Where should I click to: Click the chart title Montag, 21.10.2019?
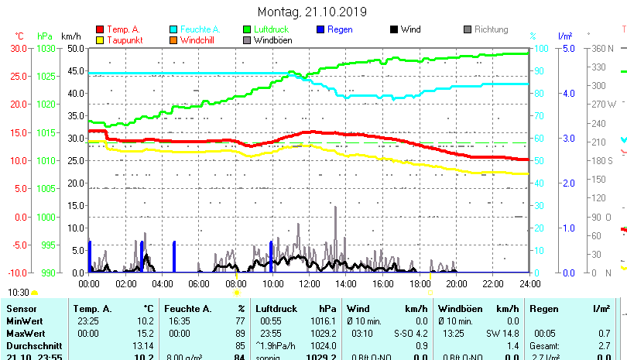(312, 12)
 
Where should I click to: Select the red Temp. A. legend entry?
(122, 29)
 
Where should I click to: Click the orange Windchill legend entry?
(197, 39)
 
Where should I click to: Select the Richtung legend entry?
(491, 29)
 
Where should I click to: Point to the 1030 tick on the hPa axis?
(46, 48)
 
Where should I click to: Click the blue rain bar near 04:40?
(174, 256)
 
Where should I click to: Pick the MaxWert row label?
(26, 332)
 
